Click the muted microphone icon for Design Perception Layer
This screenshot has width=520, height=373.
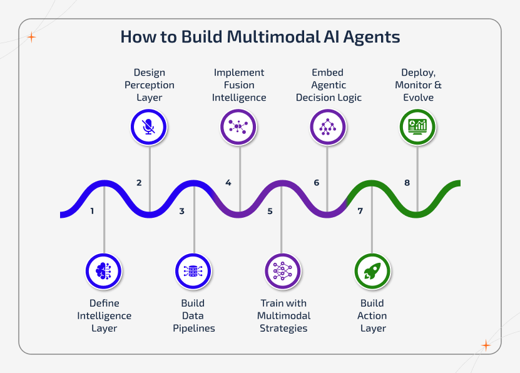pyautogui.click(x=149, y=127)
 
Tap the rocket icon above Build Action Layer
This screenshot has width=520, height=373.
pyautogui.click(x=372, y=270)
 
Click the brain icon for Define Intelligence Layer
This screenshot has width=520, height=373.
pyautogui.click(x=104, y=270)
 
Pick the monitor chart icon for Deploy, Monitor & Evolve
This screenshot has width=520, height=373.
pyautogui.click(x=417, y=127)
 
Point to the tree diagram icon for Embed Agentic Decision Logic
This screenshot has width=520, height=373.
pyautogui.click(x=328, y=127)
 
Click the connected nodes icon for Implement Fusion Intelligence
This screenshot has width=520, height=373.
pyautogui.click(x=238, y=127)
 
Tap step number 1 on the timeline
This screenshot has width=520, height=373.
pyautogui.click(x=92, y=211)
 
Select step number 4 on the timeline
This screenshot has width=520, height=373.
pyautogui.click(x=228, y=183)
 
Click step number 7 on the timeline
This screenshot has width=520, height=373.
pyautogui.click(x=360, y=211)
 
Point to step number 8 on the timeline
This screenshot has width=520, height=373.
pyautogui.click(x=407, y=183)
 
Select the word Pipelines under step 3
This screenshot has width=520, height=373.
pyautogui.click(x=193, y=328)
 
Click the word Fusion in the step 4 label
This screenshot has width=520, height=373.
pyautogui.click(x=239, y=85)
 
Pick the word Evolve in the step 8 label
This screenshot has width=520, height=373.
pyautogui.click(x=418, y=98)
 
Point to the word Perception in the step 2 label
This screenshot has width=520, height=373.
pyautogui.click(x=149, y=85)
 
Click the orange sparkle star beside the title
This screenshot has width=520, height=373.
pyautogui.click(x=32, y=37)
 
